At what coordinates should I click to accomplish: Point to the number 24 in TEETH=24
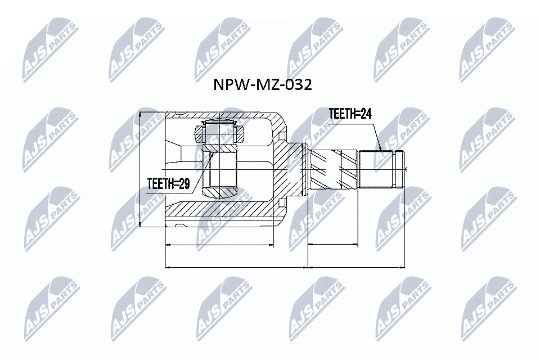pos(366,114)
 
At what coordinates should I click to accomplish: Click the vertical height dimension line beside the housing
pos(139,169)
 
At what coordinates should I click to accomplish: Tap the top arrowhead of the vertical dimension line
pos(139,114)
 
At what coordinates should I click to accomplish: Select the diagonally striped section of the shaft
pos(334,169)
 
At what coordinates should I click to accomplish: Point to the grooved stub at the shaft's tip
pos(400,169)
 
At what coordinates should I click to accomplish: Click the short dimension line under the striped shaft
pos(334,245)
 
